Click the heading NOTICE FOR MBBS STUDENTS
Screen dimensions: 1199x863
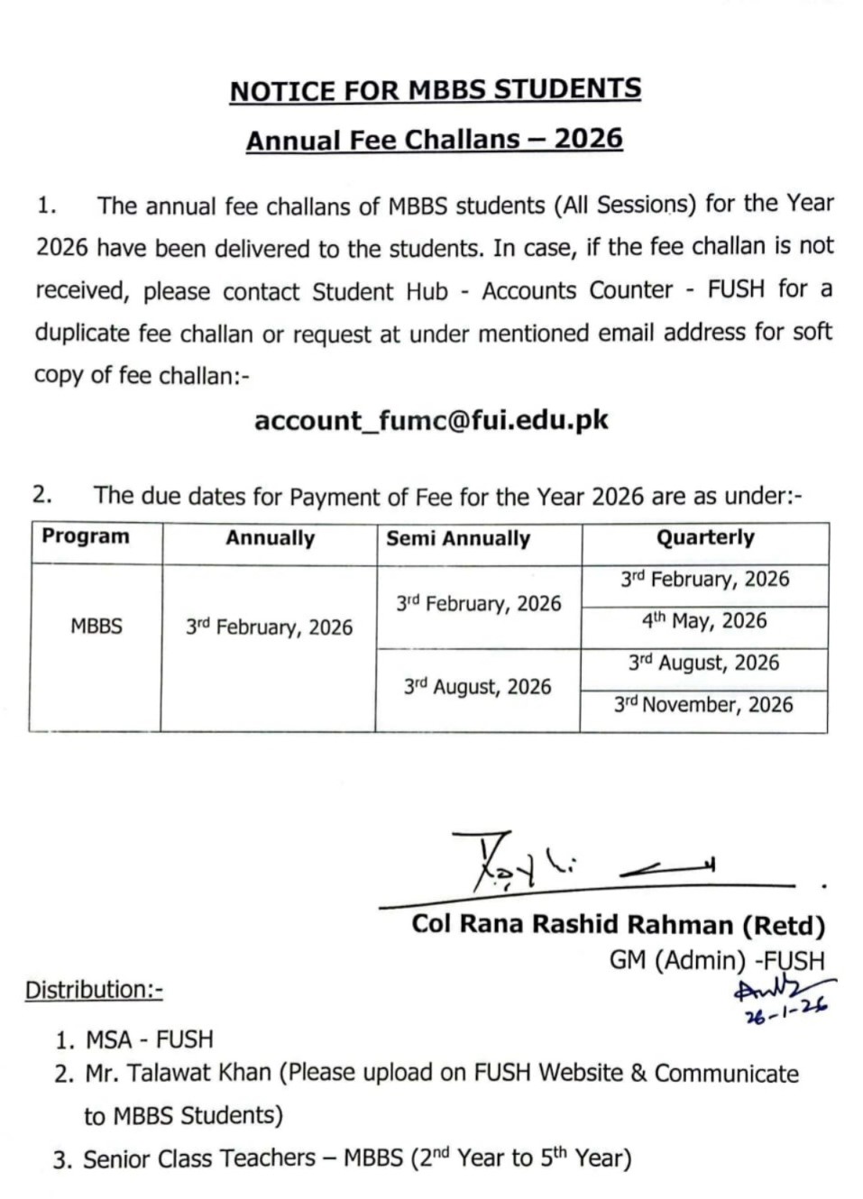click(x=435, y=90)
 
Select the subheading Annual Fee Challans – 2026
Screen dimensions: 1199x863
click(x=434, y=140)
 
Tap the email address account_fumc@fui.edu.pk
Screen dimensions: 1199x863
click(x=431, y=420)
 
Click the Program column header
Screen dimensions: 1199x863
click(x=86, y=536)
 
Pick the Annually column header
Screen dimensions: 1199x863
click(x=270, y=538)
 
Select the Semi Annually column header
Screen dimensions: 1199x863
click(x=458, y=538)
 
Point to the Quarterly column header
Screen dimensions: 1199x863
click(x=704, y=537)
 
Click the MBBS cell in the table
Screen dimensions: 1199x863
click(x=96, y=626)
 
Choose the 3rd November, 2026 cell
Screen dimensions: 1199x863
click(x=703, y=704)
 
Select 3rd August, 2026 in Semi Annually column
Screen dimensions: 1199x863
click(x=477, y=687)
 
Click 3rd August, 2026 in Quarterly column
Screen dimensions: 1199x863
click(x=703, y=663)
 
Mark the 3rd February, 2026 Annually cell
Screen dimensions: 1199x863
click(x=269, y=627)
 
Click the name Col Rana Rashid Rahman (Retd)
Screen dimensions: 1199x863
click(x=618, y=925)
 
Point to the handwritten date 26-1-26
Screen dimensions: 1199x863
click(x=785, y=1013)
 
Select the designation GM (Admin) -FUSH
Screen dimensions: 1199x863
click(x=716, y=960)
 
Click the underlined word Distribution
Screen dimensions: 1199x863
click(x=93, y=990)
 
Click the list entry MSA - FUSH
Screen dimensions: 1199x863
click(x=149, y=1039)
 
